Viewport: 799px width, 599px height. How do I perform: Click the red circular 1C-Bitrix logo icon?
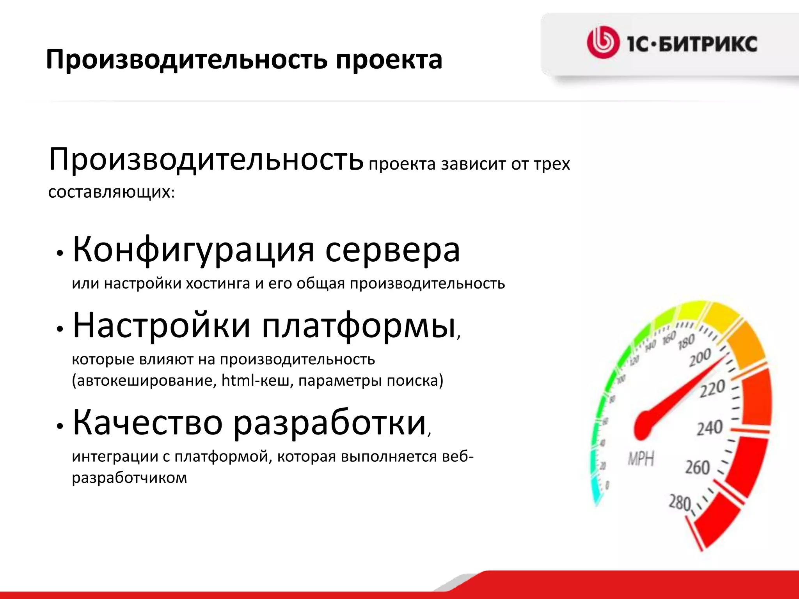point(603,43)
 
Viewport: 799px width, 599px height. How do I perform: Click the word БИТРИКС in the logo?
point(708,44)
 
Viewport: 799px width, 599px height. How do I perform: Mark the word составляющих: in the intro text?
point(112,192)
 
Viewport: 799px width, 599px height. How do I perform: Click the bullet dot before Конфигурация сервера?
point(60,253)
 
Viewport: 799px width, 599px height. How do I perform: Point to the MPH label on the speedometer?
point(641,459)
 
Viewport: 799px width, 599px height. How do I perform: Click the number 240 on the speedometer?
point(710,427)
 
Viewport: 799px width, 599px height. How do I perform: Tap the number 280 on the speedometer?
point(680,502)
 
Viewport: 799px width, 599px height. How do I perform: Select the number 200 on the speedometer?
point(700,358)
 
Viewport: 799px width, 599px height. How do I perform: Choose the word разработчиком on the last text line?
point(130,478)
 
